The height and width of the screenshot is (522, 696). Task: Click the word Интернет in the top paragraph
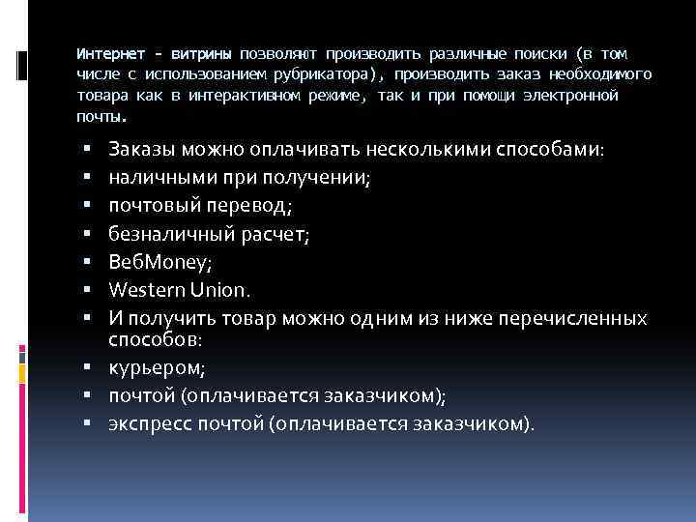(x=107, y=54)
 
